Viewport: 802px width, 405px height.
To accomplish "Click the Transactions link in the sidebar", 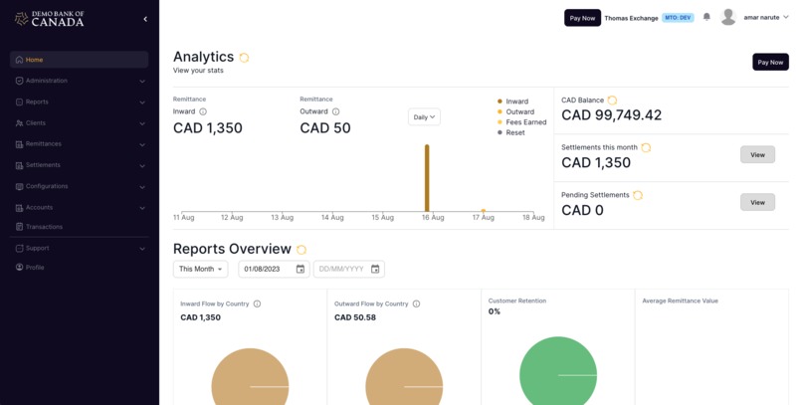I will (44, 227).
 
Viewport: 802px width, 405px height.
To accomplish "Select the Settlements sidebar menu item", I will (43, 165).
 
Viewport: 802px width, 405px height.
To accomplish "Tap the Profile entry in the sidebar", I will (35, 268).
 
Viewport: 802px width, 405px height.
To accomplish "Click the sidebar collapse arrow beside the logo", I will (145, 19).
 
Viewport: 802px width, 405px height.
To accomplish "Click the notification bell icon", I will (706, 17).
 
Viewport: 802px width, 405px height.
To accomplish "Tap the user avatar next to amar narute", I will (728, 17).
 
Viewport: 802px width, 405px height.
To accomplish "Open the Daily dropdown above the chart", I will (424, 116).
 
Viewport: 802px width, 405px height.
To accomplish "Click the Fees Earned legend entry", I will (525, 122).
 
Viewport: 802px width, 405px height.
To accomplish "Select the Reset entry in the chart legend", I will (515, 132).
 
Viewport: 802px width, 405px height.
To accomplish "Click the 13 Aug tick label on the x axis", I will (282, 217).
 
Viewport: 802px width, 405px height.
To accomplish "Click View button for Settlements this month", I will (757, 155).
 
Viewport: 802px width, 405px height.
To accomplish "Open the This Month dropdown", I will (200, 269).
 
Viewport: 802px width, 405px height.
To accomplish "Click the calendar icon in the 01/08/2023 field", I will (300, 269).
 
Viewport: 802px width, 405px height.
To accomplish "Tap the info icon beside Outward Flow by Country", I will (416, 304).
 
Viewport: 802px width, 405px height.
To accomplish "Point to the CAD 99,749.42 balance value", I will (611, 115).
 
